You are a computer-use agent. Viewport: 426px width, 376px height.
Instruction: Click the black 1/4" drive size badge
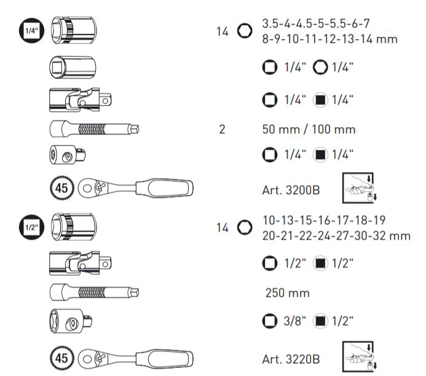pyautogui.click(x=31, y=30)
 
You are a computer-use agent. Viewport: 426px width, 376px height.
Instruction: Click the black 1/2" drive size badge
pyautogui.click(x=31, y=227)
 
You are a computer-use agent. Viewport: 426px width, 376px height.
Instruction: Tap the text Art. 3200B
pyautogui.click(x=291, y=190)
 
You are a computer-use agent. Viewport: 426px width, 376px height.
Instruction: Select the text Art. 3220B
pyautogui.click(x=291, y=359)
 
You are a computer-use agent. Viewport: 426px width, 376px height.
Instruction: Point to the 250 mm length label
pyautogui.click(x=288, y=293)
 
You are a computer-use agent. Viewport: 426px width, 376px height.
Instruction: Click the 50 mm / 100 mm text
pyautogui.click(x=309, y=129)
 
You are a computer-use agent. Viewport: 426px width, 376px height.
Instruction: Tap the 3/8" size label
pyautogui.click(x=295, y=321)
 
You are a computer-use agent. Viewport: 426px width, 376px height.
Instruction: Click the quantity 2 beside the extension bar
pyautogui.click(x=222, y=129)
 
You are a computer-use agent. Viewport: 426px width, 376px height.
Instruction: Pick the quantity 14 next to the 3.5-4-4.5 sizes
pyautogui.click(x=223, y=32)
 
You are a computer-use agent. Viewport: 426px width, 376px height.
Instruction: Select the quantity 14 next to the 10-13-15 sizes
pyautogui.click(x=223, y=227)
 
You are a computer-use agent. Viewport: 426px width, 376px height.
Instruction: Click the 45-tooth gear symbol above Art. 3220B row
pyautogui.click(x=62, y=358)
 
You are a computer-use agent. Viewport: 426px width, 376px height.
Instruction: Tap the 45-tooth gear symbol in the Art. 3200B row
pyautogui.click(x=62, y=188)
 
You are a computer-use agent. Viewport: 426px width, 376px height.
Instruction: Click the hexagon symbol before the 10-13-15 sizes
pyautogui.click(x=245, y=227)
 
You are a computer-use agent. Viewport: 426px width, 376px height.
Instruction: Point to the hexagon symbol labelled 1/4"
pyautogui.click(x=320, y=67)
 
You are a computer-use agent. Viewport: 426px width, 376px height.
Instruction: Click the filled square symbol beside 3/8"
pyautogui.click(x=320, y=321)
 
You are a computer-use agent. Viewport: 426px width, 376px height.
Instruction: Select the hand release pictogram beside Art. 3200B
pyautogui.click(x=360, y=188)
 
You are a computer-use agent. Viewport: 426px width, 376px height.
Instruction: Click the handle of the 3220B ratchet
pyautogui.click(x=164, y=358)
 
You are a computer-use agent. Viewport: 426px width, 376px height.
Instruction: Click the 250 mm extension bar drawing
pyautogui.click(x=95, y=292)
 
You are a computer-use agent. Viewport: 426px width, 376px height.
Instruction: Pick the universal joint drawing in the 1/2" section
pyautogui.click(x=81, y=264)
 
